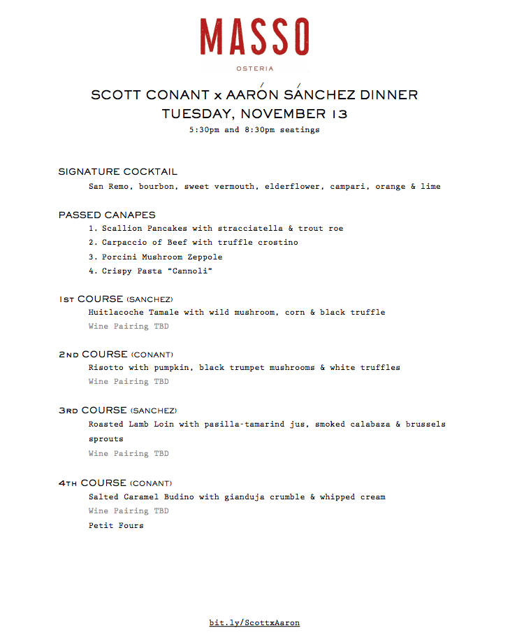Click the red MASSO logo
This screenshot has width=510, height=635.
pyautogui.click(x=254, y=37)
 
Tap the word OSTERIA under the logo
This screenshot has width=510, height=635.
pyautogui.click(x=254, y=69)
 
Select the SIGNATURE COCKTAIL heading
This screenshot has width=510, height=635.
pyautogui.click(x=118, y=171)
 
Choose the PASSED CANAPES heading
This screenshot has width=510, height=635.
pyautogui.click(x=107, y=215)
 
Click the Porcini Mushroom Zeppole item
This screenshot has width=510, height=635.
pyautogui.click(x=161, y=257)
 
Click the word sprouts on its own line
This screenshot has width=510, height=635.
pyautogui.click(x=106, y=439)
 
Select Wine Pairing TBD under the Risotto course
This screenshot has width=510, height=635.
pyautogui.click(x=129, y=382)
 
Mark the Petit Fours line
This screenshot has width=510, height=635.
pyautogui.click(x=116, y=525)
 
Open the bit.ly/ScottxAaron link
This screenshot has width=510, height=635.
pyautogui.click(x=254, y=622)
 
